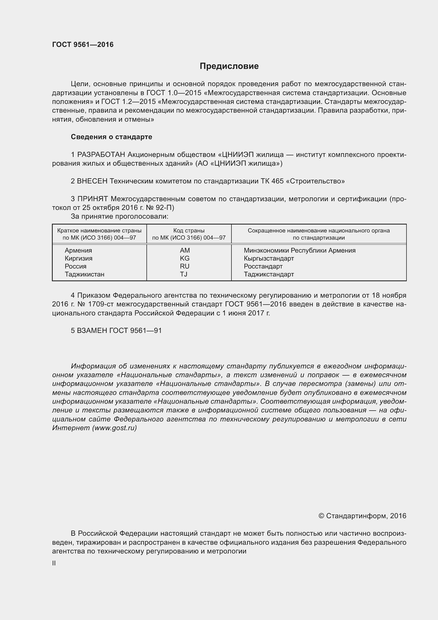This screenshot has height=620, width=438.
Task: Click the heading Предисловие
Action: (x=229, y=66)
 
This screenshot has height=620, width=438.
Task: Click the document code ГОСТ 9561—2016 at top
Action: (x=83, y=45)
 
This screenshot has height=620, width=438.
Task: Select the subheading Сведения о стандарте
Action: (x=111, y=137)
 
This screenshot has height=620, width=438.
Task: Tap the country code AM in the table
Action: (x=185, y=250)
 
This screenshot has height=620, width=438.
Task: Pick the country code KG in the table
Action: (x=185, y=258)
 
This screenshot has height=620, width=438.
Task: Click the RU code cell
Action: (x=185, y=266)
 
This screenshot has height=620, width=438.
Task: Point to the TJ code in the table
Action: (x=184, y=274)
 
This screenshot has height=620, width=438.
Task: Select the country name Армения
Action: (x=78, y=250)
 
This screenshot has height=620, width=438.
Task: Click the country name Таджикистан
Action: (x=84, y=274)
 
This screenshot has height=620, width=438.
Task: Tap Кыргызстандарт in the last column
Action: (x=269, y=258)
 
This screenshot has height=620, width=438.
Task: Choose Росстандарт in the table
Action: (x=263, y=266)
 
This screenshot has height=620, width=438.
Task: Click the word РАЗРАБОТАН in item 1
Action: (x=101, y=155)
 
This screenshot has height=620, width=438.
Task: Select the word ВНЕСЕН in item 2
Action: (x=92, y=181)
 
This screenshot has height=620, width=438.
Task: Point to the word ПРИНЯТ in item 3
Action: (x=92, y=199)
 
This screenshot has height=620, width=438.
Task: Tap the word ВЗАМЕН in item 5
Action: (x=92, y=331)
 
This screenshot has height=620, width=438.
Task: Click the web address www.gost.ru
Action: (x=114, y=428)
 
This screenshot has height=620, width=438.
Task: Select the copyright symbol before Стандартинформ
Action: (x=321, y=516)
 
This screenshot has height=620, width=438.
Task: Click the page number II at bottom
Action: (x=54, y=563)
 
